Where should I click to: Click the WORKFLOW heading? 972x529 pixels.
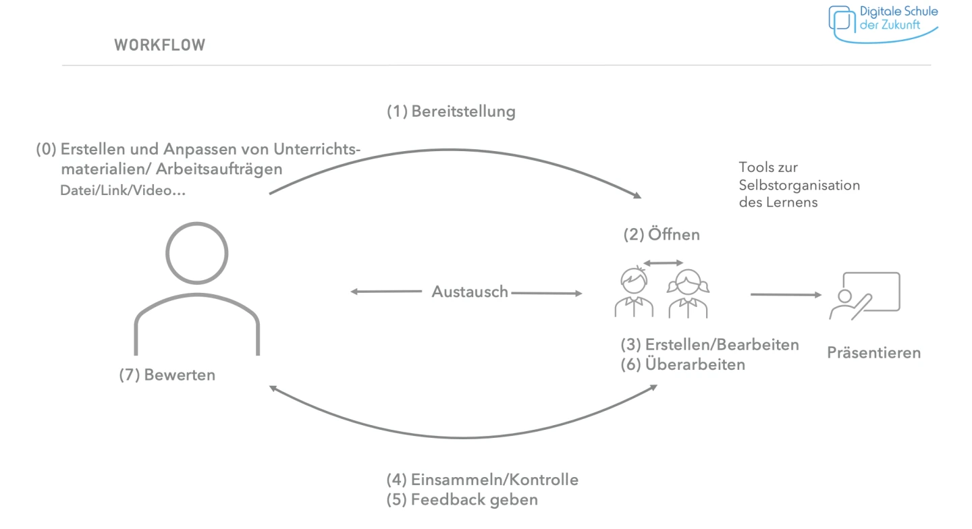point(160,45)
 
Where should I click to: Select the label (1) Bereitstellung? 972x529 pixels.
point(450,111)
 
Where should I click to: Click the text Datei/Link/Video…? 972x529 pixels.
point(123,191)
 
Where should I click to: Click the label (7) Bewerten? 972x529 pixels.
point(167,375)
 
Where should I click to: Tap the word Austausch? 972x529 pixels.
point(470,291)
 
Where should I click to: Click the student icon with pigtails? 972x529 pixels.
point(688,294)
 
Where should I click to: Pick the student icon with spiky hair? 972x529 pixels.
point(634,294)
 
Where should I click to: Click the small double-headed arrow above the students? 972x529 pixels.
point(663,262)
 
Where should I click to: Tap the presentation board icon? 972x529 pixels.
point(865,296)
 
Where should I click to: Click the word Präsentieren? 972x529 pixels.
point(873,352)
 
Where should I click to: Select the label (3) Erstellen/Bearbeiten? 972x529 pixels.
point(709,344)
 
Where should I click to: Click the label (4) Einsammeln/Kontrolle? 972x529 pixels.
point(482,480)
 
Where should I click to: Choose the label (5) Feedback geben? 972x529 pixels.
point(462,500)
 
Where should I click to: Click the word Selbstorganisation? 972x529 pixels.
point(799,185)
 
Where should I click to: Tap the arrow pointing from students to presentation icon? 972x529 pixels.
point(786,294)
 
